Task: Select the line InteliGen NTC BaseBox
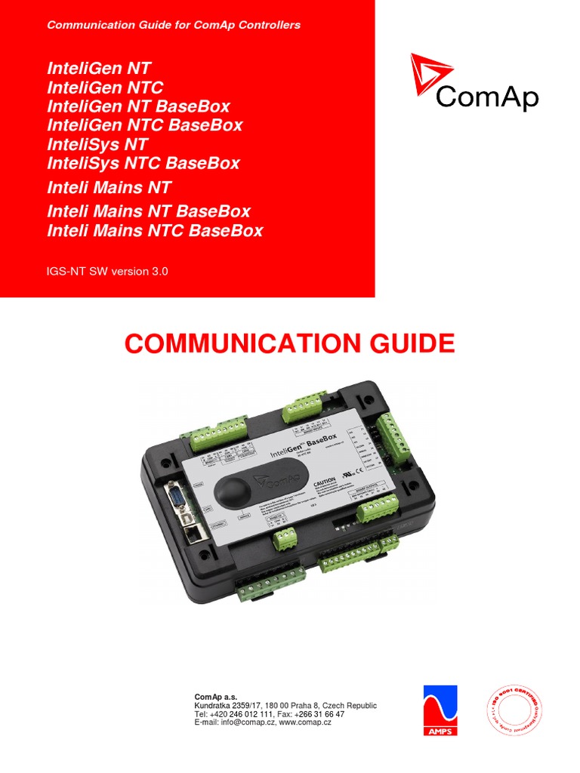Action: coord(145,125)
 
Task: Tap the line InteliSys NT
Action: coord(97,144)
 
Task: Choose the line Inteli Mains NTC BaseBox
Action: coord(155,230)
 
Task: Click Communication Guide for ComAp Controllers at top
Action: coord(174,25)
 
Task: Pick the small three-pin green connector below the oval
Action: coord(284,537)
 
